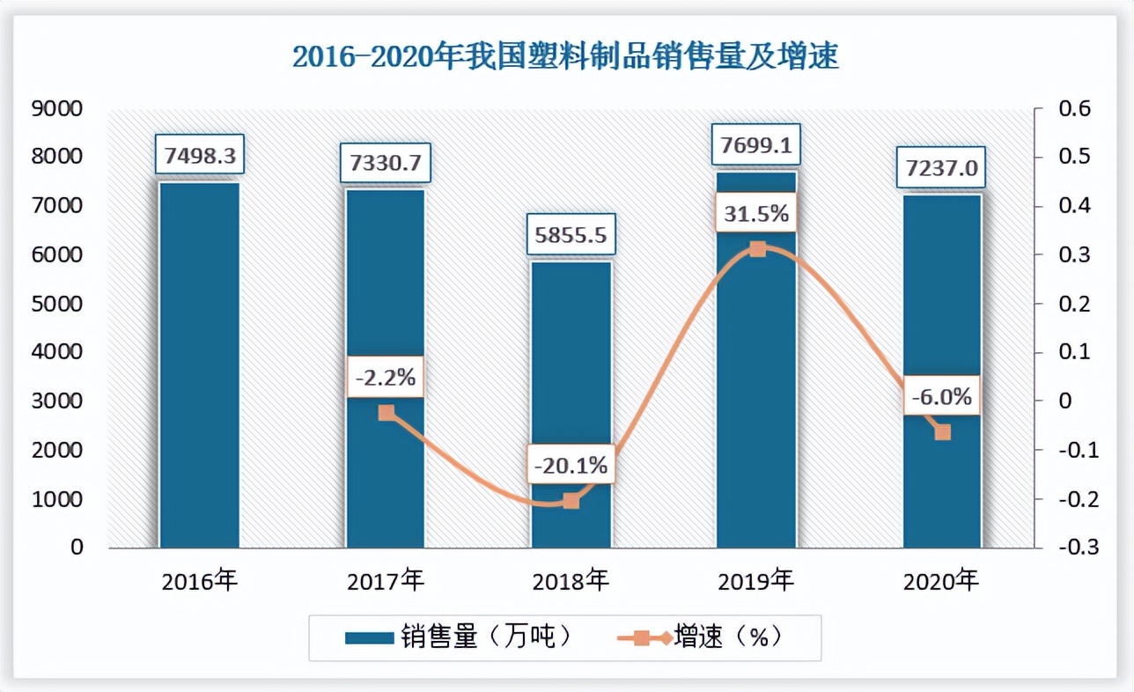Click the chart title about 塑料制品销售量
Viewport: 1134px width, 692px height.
click(x=565, y=57)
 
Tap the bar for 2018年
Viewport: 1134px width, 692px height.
click(x=571, y=405)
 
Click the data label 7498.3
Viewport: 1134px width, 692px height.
click(x=200, y=156)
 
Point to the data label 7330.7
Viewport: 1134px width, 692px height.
click(x=386, y=164)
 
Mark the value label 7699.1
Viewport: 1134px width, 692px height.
click(x=757, y=144)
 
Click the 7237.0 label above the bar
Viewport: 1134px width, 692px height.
click(x=941, y=167)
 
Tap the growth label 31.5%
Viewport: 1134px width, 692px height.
click(x=757, y=214)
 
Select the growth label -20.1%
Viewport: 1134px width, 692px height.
click(x=571, y=465)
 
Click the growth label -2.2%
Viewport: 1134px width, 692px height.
click(x=385, y=379)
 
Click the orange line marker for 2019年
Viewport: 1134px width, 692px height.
click(x=757, y=249)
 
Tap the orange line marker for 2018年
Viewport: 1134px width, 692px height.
click(x=571, y=501)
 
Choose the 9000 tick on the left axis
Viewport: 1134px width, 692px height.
click(x=57, y=108)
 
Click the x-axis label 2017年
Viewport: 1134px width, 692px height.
click(x=386, y=581)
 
